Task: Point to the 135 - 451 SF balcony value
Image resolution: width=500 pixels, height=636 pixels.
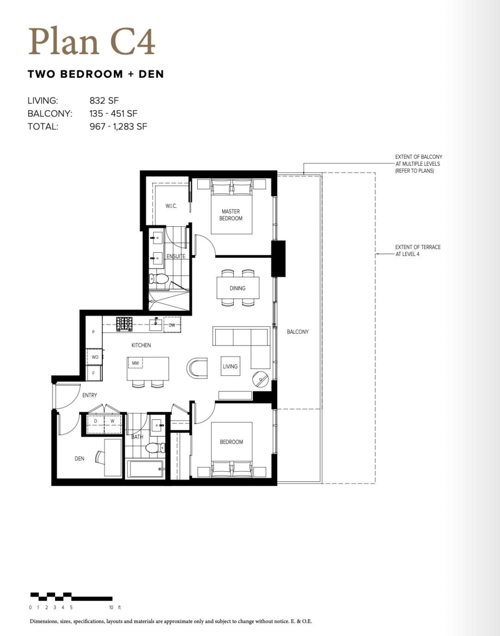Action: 114,113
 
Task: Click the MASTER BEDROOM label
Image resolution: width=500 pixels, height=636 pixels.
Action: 231,215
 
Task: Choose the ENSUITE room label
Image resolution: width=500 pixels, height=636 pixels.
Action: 176,257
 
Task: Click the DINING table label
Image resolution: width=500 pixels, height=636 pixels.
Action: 238,288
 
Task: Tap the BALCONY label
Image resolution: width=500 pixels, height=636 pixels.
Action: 297,332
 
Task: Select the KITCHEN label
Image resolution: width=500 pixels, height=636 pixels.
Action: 141,345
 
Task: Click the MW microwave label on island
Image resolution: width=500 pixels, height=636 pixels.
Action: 136,363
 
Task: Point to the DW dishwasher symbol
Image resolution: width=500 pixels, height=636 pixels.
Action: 172,325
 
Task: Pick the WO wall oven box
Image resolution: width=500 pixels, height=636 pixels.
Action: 95,357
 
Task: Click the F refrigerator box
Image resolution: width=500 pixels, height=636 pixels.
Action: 94,373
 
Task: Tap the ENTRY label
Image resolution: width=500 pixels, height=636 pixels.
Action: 90,395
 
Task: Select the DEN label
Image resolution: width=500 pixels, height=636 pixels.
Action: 80,459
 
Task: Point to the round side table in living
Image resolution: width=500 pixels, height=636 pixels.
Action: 261,378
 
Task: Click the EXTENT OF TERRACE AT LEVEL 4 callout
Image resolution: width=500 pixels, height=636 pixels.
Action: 418,251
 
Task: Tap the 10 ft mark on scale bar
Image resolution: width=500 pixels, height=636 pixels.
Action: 111,607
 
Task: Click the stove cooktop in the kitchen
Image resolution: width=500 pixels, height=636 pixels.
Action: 125,323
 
